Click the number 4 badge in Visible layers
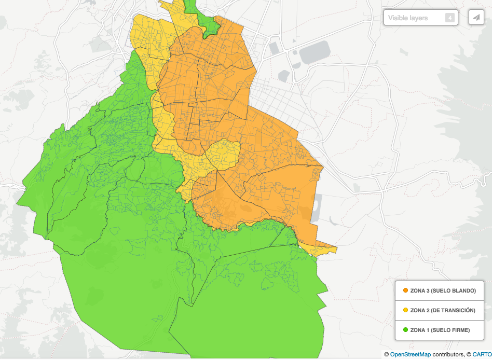(x=450, y=18)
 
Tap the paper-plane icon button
(x=476, y=17)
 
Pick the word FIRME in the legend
(x=459, y=330)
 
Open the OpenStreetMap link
(x=410, y=355)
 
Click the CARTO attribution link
(x=481, y=355)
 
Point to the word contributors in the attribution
(x=448, y=355)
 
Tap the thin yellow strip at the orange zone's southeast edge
(x=322, y=250)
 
